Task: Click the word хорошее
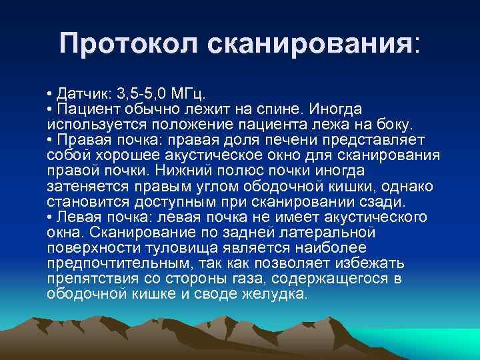click(x=123, y=155)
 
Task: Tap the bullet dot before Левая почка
click(x=51, y=217)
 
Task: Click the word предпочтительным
click(x=107, y=263)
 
